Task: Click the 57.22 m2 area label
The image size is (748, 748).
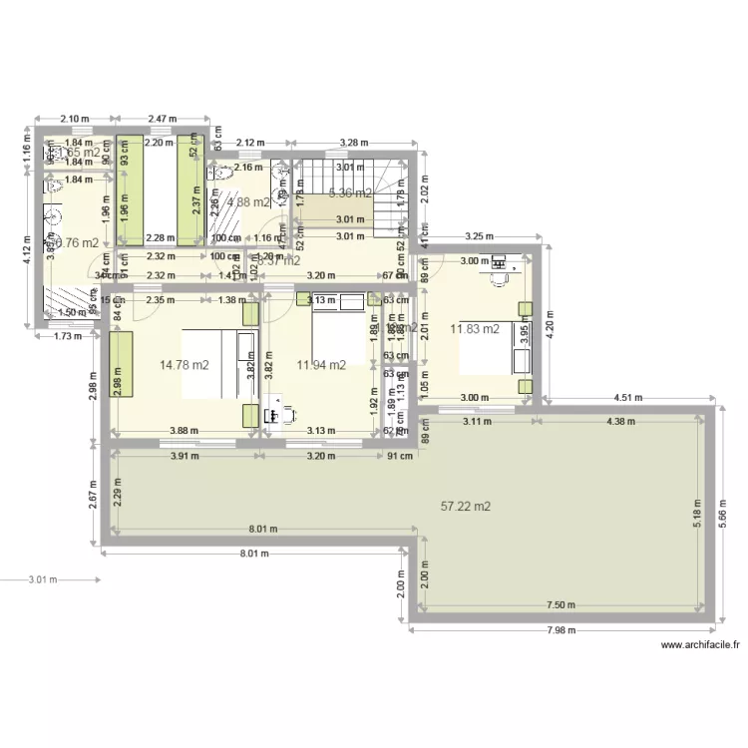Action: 466,507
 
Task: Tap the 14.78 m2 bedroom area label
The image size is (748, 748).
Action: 185,365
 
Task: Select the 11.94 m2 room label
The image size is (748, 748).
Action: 321,365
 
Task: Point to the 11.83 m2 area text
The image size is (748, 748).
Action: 475,329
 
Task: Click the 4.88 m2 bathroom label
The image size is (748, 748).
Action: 248,202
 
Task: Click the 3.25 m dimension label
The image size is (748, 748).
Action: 481,237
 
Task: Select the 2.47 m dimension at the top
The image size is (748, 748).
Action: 162,119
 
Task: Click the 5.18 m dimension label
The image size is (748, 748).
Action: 699,513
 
